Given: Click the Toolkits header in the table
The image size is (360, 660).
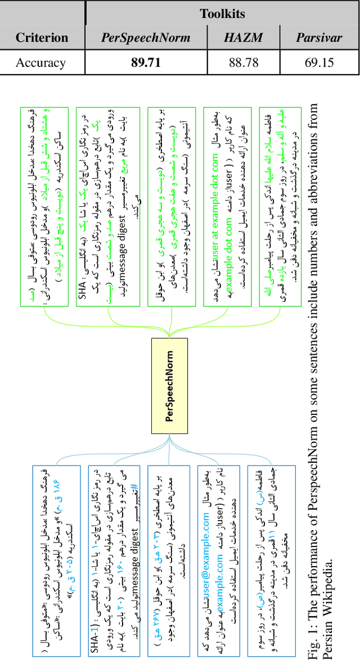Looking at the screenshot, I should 223,13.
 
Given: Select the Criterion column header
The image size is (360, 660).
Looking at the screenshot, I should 42,38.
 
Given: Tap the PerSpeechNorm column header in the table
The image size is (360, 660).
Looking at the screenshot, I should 145,38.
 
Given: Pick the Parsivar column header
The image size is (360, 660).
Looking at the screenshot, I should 319,38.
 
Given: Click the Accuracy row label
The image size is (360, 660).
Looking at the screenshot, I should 40,62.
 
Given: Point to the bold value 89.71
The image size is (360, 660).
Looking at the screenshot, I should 146,62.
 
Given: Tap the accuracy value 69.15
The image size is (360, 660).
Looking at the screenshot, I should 319,62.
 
